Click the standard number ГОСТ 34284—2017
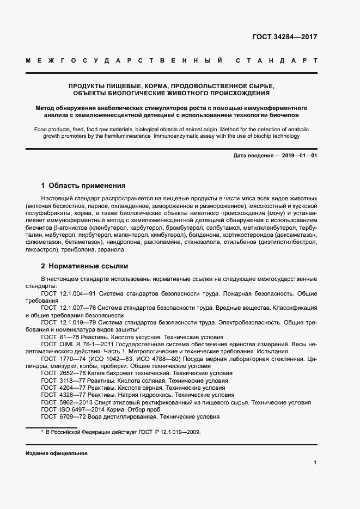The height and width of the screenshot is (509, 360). [284, 38]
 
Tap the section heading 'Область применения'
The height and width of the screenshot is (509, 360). [87, 185]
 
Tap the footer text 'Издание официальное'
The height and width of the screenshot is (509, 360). [56, 453]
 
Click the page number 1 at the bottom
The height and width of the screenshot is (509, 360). [315, 463]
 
